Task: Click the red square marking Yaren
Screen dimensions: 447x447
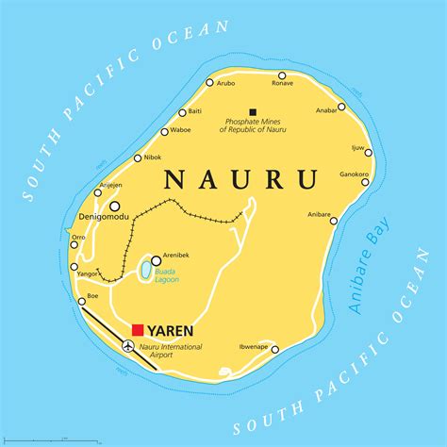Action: tap(138, 330)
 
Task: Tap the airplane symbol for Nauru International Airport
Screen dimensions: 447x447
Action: tap(128, 346)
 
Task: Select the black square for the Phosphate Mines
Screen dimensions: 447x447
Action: tap(252, 111)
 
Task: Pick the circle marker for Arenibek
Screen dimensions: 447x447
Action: tap(156, 260)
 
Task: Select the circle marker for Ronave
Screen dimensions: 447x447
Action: tap(281, 74)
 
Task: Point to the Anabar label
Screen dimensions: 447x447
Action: tap(327, 109)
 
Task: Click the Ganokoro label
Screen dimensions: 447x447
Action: tap(354, 174)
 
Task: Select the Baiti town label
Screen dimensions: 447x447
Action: tap(194, 111)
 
